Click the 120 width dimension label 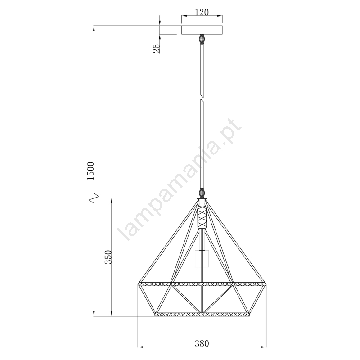(x=202, y=12)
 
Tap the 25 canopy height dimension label (x=157, y=48)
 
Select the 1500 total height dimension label (x=90, y=171)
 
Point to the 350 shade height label (x=108, y=257)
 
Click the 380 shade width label (x=202, y=344)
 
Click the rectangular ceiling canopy (x=202, y=30)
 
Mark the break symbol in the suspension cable (x=202, y=97)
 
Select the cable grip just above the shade (x=202, y=193)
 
